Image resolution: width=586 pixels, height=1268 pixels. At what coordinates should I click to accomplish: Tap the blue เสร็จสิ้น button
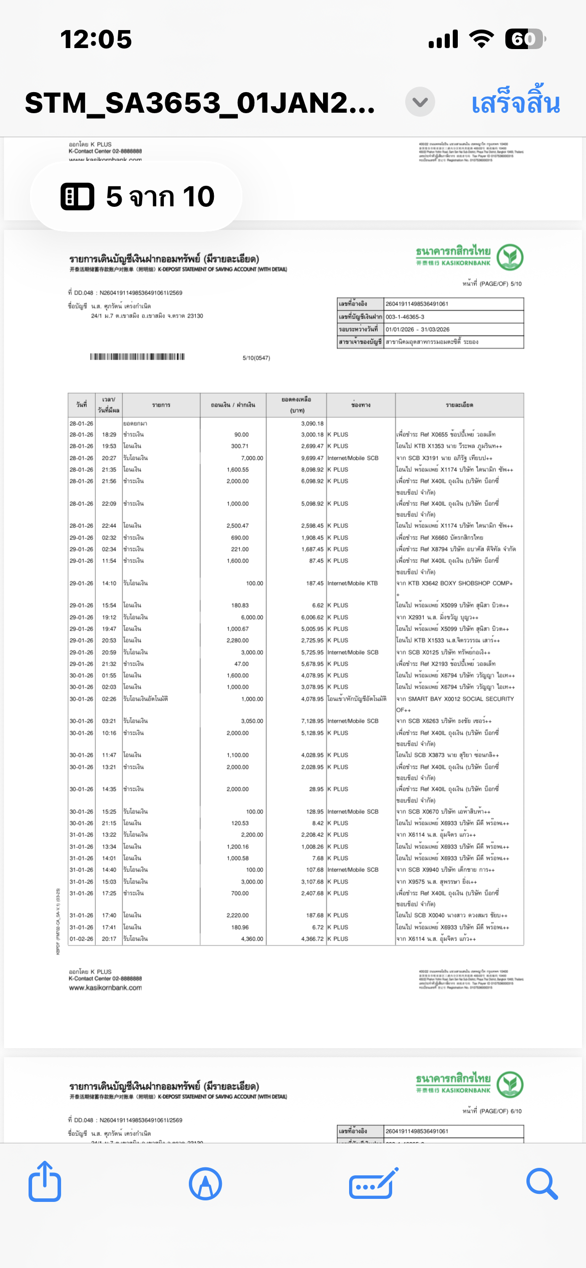click(515, 103)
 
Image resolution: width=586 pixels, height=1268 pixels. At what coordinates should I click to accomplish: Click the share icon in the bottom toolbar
click(45, 1183)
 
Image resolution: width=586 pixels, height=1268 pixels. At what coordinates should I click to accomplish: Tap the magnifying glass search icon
click(542, 1184)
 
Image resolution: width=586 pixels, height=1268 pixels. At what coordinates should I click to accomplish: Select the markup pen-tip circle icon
click(205, 1184)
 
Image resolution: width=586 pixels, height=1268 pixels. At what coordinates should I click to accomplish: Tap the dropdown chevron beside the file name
click(420, 102)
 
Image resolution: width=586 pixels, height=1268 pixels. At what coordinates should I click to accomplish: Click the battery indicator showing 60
click(525, 39)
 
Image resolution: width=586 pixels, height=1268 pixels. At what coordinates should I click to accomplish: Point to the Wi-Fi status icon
click(481, 39)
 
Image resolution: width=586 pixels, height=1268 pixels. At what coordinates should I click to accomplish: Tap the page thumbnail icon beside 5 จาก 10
click(77, 196)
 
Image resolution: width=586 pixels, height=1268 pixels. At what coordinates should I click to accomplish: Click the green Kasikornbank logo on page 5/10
click(510, 257)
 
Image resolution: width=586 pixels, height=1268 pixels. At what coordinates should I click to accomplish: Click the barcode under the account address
click(137, 357)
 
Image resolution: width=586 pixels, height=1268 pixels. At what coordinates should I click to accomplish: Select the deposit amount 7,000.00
click(252, 458)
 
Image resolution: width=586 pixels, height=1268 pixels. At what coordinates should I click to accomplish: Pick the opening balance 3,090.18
click(312, 423)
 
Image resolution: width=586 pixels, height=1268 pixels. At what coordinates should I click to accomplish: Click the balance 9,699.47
click(312, 458)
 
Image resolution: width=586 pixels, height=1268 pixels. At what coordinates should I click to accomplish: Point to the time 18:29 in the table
click(109, 435)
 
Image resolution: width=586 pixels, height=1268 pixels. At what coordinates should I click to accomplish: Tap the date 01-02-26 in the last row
click(81, 938)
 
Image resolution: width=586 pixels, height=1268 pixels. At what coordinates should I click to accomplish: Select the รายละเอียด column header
click(459, 405)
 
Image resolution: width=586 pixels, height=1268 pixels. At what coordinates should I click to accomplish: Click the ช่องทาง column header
click(361, 405)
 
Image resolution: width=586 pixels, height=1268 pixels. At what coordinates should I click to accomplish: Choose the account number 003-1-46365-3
click(405, 317)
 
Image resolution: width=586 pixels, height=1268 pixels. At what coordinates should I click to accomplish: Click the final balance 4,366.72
click(312, 938)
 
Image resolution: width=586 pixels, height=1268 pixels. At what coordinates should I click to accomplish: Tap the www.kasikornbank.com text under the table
click(106, 988)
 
